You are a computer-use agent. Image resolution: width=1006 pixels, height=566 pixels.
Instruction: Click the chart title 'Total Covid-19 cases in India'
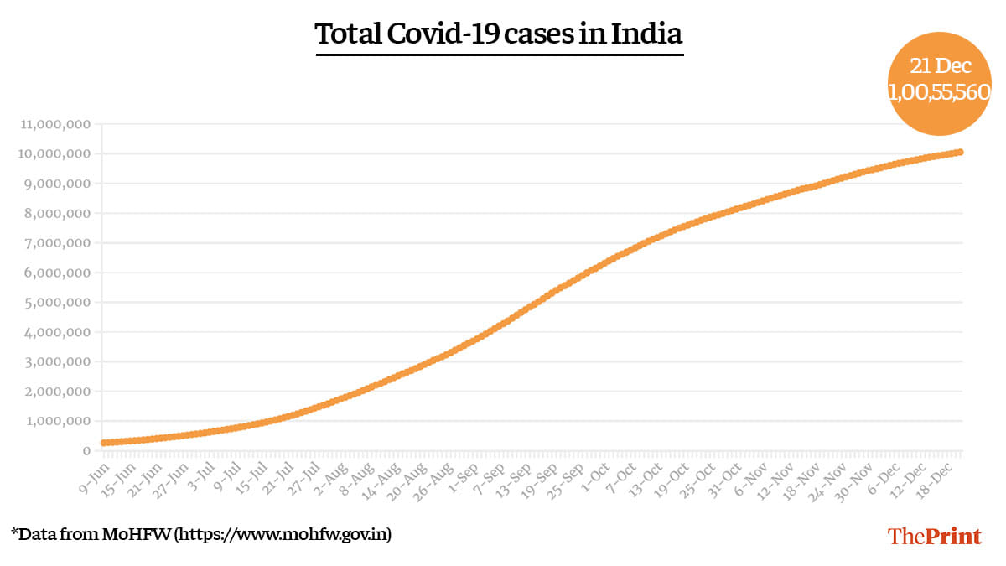[499, 34]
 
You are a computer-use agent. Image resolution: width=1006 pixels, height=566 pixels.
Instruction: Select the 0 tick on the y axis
[86, 451]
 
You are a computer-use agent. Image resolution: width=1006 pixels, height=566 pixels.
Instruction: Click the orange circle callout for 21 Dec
[940, 81]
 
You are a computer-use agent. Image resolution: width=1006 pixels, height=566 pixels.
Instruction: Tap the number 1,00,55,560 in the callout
[940, 93]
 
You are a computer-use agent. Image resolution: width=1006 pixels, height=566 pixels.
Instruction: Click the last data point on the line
[960, 152]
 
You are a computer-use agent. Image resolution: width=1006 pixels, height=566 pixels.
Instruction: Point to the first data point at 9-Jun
[103, 443]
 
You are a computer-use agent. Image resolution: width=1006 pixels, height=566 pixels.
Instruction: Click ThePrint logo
[934, 536]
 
